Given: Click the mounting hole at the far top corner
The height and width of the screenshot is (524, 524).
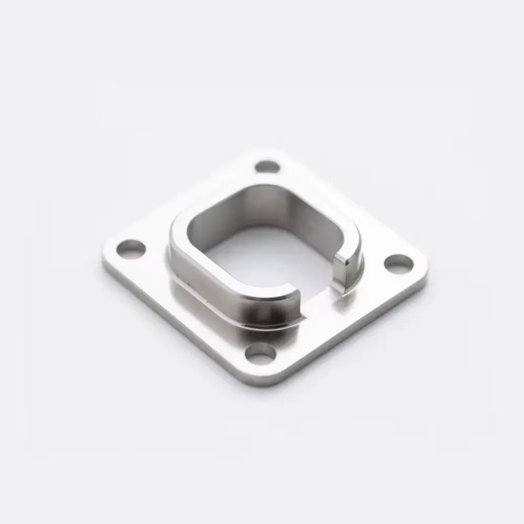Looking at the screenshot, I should [267, 167].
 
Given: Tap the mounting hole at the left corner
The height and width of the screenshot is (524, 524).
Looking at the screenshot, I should [130, 248].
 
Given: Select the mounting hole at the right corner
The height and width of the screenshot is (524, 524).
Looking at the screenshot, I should [399, 264].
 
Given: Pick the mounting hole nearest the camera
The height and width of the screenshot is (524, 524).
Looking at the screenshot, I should [260, 355].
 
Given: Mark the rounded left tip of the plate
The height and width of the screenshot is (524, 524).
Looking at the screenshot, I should [106, 262].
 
